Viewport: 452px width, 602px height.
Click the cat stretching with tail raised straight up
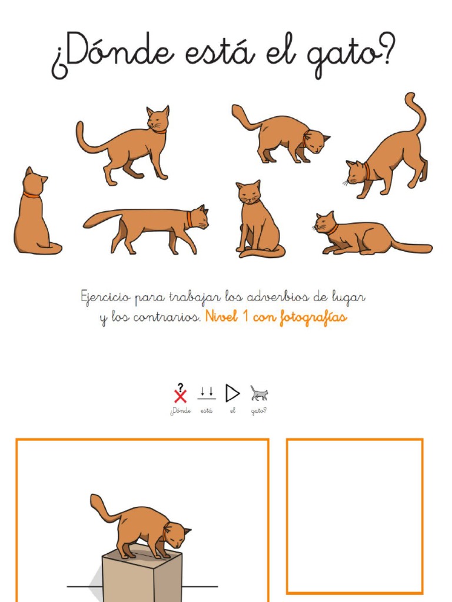coord(391,153)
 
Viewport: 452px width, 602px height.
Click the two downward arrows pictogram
coord(207,393)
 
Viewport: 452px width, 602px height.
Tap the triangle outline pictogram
coord(232,393)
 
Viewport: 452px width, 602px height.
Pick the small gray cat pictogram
coord(259,393)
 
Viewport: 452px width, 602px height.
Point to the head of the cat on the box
coord(177,535)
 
